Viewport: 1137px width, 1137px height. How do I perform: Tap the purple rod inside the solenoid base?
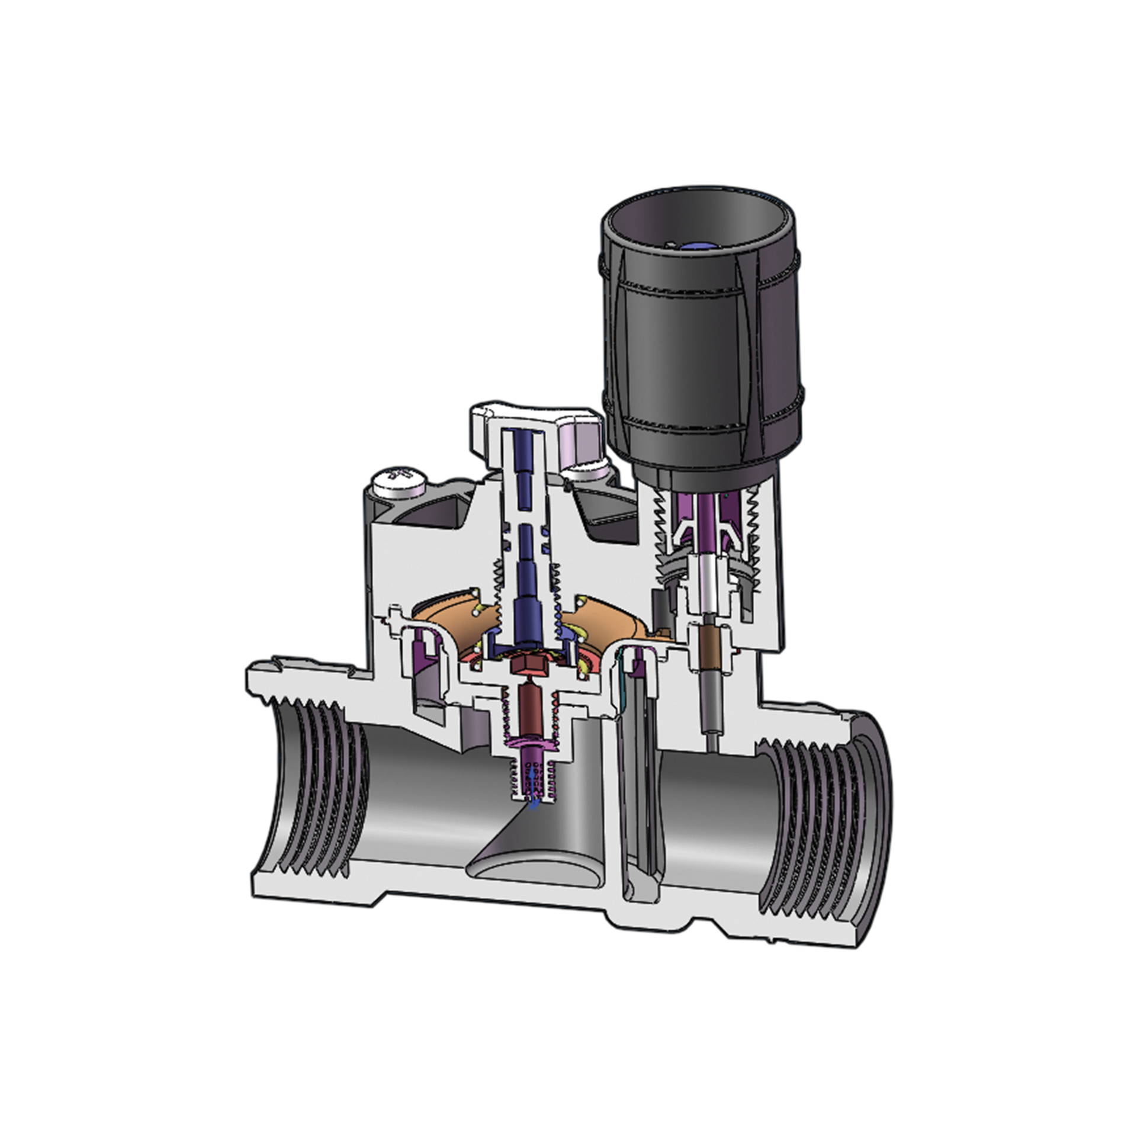[x=706, y=521]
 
